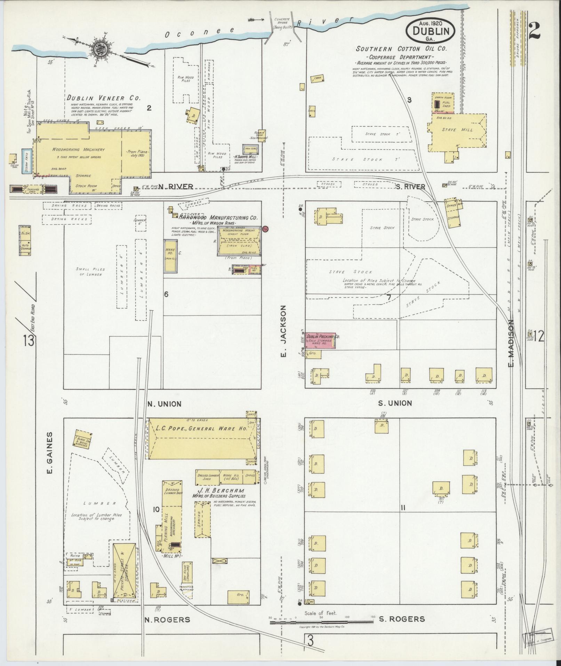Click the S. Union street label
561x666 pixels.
point(395,403)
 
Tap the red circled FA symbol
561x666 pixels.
point(265,229)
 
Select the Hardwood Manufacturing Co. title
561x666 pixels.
point(218,218)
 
